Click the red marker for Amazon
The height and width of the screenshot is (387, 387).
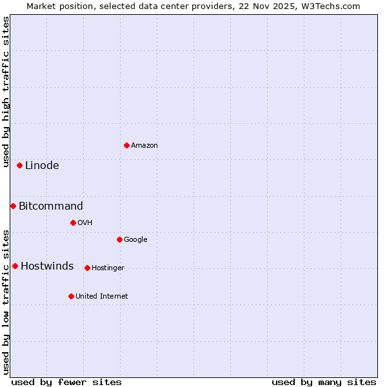(126, 145)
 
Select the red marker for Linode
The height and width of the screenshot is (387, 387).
(19, 166)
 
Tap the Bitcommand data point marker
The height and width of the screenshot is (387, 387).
(13, 206)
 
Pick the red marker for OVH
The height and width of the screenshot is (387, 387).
(73, 223)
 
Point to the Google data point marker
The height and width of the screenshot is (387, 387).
(119, 239)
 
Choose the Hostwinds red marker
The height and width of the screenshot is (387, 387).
(15, 266)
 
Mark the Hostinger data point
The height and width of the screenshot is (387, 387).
(87, 268)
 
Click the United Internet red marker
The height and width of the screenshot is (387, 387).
(71, 296)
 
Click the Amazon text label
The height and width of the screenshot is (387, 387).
(144, 146)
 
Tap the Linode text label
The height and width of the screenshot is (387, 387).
(42, 166)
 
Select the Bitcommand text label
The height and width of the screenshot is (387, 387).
(51, 206)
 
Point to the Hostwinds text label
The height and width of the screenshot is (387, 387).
(47, 266)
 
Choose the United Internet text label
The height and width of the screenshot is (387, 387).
(102, 297)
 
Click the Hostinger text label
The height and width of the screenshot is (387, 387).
(108, 268)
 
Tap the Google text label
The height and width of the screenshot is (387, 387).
(135, 240)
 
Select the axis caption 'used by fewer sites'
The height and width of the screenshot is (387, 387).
(66, 382)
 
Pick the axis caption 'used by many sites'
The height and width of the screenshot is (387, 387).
(324, 382)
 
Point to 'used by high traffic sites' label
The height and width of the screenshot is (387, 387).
(6, 92)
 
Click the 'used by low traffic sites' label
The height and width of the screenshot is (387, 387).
(6, 302)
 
